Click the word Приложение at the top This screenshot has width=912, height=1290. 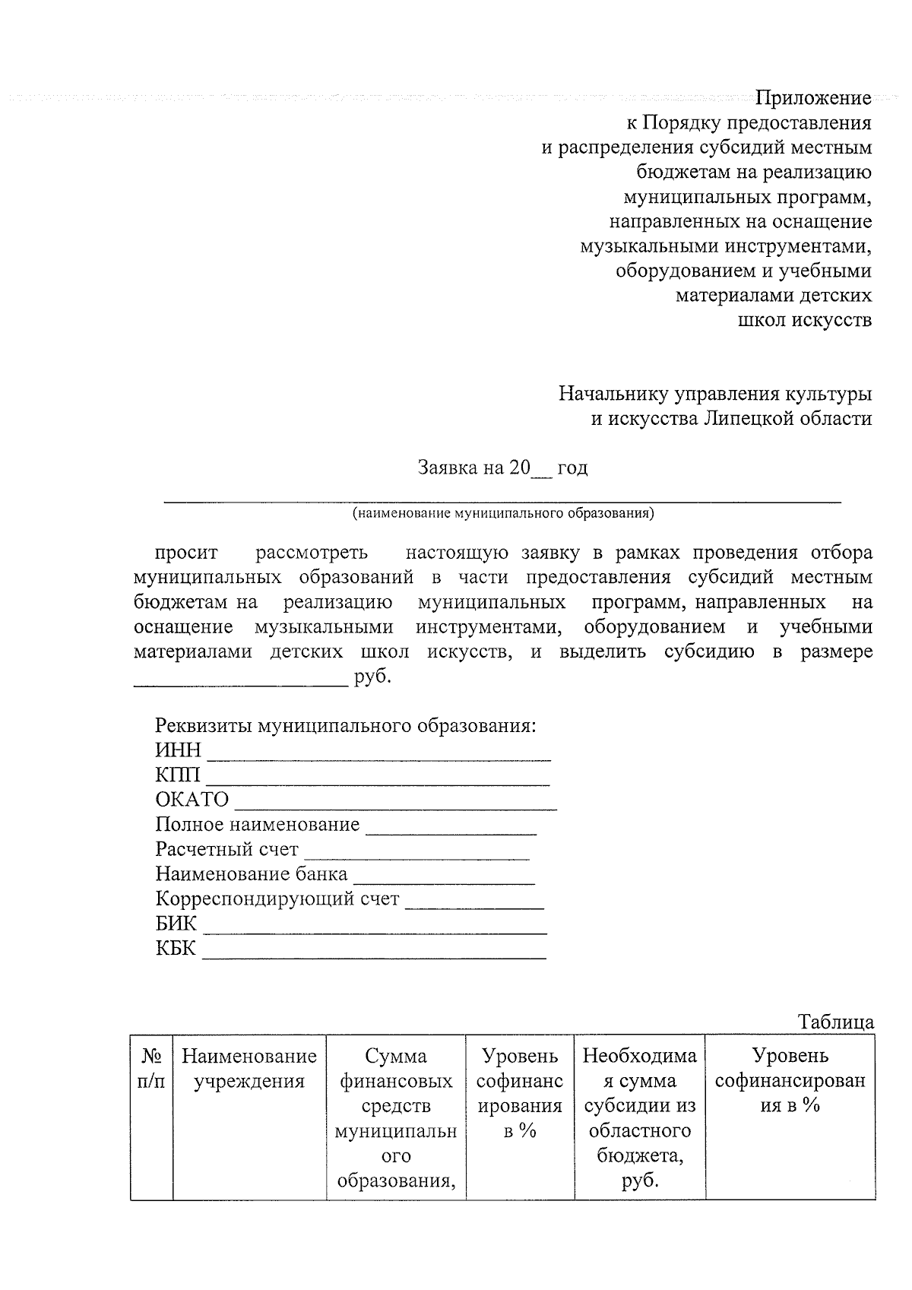pyautogui.click(x=813, y=98)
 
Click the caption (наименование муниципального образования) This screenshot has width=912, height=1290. pyautogui.click(x=503, y=513)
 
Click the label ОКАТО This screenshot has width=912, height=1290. pyautogui.click(x=192, y=800)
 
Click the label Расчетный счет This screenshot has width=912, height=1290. pyautogui.click(x=226, y=849)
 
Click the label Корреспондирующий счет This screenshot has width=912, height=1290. pyautogui.click(x=277, y=899)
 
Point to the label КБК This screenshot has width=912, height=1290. pyautogui.click(x=176, y=949)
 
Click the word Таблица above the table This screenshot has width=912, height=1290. pyautogui.click(x=835, y=1022)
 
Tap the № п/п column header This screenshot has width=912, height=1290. pyautogui.click(x=151, y=1068)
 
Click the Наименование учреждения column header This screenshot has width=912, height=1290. pyautogui.click(x=249, y=1068)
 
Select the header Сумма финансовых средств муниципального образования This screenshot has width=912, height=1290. pyautogui.click(x=396, y=1117)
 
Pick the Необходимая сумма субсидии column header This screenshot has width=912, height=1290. pyautogui.click(x=639, y=1117)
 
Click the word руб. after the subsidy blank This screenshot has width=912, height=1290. pyautogui.click(x=372, y=677)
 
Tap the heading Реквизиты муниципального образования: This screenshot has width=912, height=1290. pyautogui.click(x=346, y=725)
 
